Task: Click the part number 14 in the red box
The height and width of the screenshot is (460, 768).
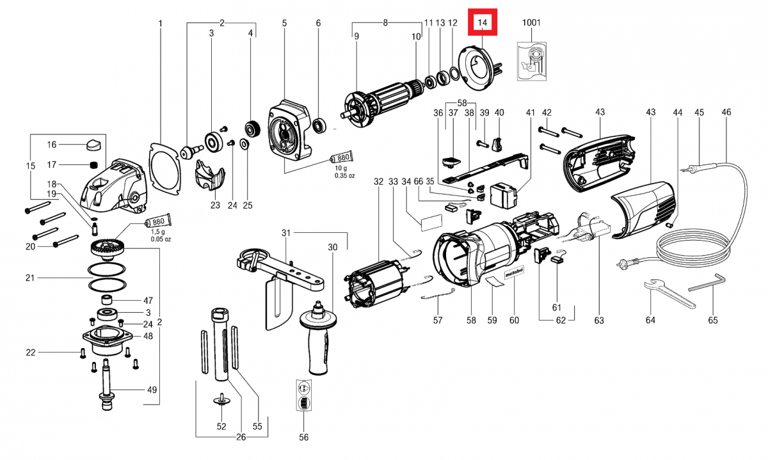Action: click(x=483, y=23)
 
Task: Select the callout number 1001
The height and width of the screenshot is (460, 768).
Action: click(x=531, y=23)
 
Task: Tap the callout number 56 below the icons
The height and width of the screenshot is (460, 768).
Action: click(x=304, y=438)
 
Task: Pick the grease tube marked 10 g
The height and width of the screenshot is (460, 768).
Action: click(x=340, y=158)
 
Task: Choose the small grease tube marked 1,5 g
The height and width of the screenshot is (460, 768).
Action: click(x=157, y=223)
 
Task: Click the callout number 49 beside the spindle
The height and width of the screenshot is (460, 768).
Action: click(x=152, y=390)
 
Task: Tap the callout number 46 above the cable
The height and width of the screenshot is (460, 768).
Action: click(x=726, y=113)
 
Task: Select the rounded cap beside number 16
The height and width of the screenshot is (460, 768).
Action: click(x=93, y=143)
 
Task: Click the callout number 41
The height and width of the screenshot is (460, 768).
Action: click(x=530, y=113)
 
